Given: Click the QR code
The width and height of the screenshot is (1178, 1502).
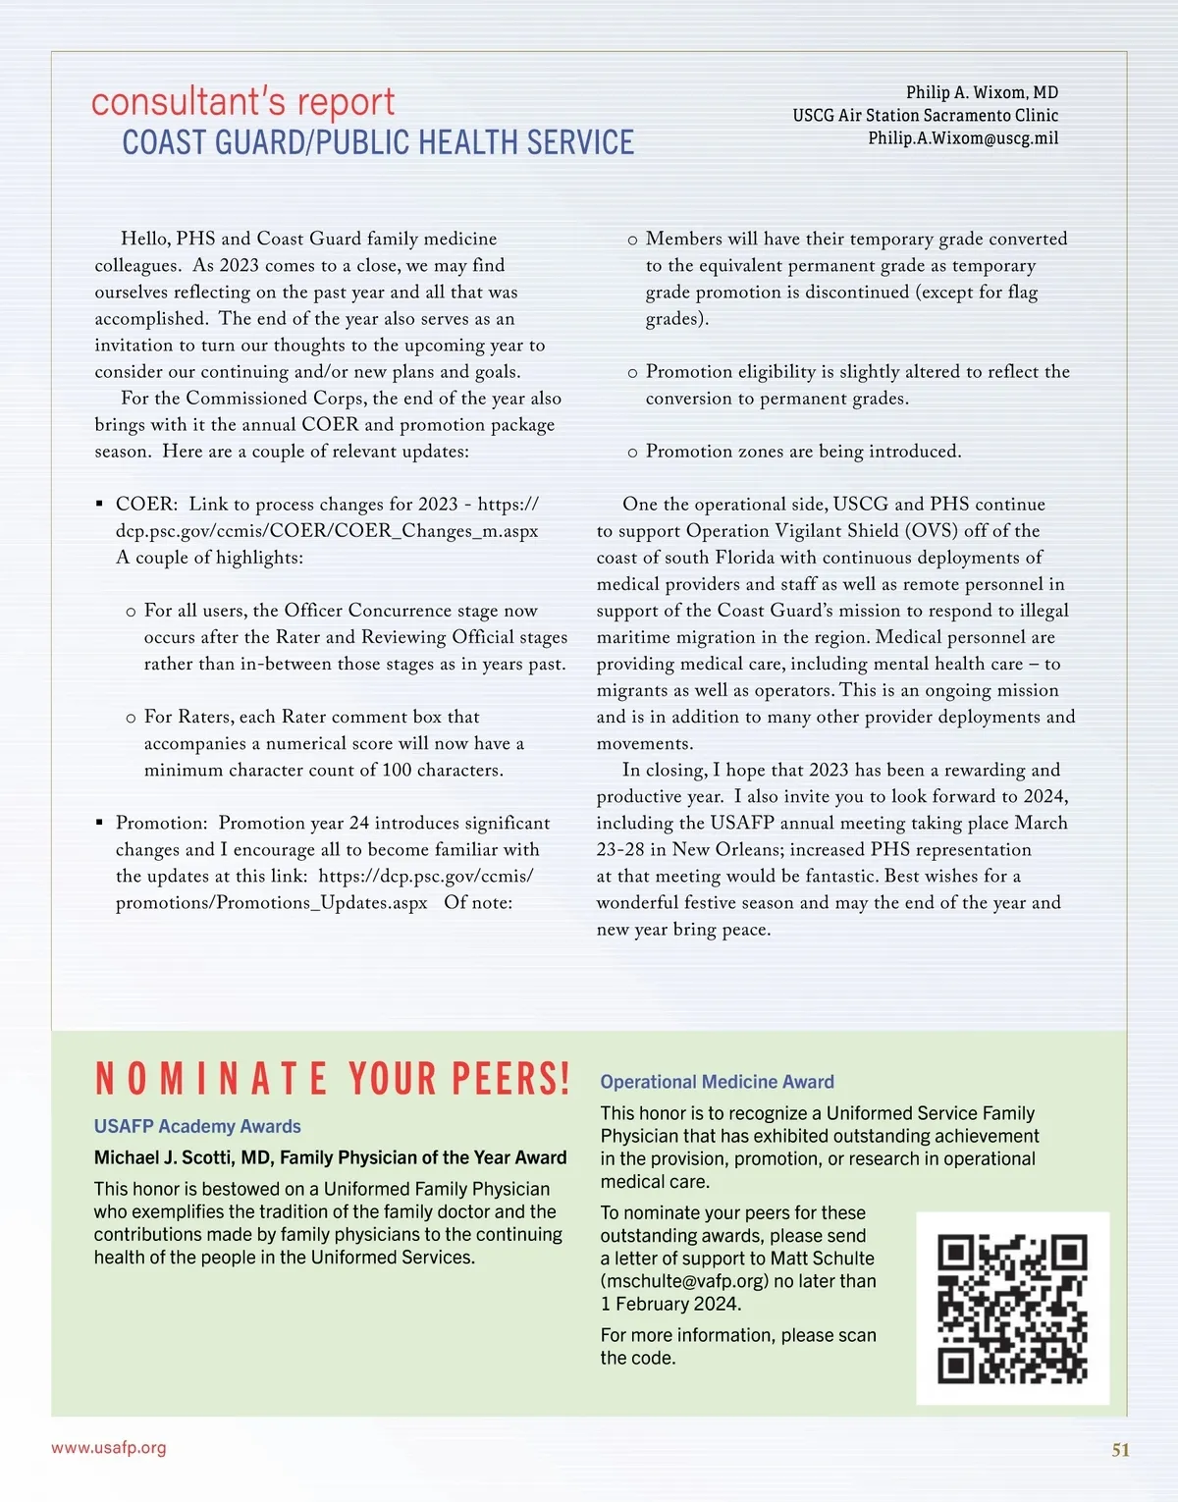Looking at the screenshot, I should (1012, 1309).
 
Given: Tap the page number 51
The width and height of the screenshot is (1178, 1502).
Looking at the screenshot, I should (1120, 1450).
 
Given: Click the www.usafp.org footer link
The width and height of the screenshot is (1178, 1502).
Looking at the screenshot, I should (109, 1448).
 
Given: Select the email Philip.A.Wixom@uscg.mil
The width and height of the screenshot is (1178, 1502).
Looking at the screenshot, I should (962, 138).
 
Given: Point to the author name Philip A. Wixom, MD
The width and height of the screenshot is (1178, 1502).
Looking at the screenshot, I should (982, 92).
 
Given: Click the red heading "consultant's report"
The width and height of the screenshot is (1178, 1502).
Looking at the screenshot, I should (242, 102).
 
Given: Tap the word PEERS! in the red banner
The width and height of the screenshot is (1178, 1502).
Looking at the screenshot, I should (511, 1079).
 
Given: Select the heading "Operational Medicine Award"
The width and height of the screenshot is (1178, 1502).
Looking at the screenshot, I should (717, 1082).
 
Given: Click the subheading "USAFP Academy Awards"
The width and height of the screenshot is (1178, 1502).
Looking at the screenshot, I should (197, 1127).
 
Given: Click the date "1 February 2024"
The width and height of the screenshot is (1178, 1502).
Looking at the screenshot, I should (670, 1304).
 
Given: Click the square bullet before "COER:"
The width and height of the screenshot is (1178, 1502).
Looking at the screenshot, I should (99, 505).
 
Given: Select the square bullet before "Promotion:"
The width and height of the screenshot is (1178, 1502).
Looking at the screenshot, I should (99, 823).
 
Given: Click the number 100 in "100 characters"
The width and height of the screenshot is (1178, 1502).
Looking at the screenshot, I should (397, 771).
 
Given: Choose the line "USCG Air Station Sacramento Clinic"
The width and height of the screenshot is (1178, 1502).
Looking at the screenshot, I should (925, 116).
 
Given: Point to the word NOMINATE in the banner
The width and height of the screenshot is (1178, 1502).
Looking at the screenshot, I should (211, 1079).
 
